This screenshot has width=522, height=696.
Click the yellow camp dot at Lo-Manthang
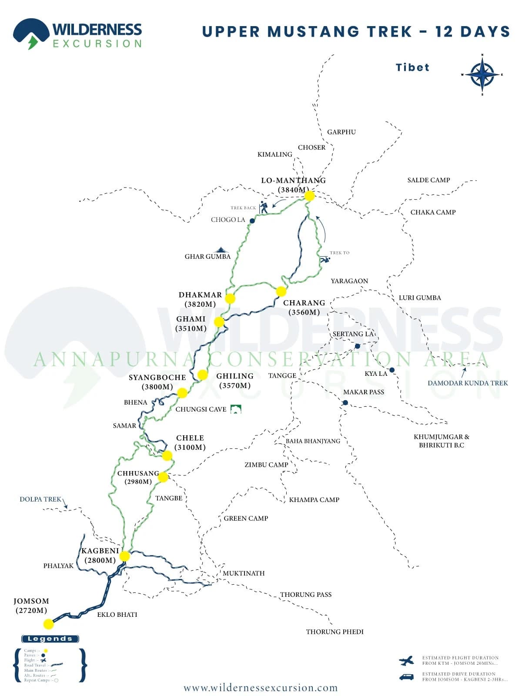[x=309, y=196]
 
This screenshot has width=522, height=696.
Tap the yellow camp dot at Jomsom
[x=49, y=624]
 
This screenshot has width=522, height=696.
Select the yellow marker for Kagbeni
[x=124, y=556]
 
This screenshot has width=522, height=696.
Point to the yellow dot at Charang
[x=281, y=291]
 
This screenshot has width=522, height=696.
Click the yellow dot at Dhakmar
[x=230, y=298]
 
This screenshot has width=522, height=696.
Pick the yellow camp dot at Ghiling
[x=203, y=375]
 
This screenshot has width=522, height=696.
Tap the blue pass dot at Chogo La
[x=252, y=221]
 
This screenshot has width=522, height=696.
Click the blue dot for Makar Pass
[x=345, y=403]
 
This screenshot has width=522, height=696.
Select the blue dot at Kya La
[x=392, y=370]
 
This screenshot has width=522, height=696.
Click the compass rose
[x=482, y=75]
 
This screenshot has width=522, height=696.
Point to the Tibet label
[x=412, y=67]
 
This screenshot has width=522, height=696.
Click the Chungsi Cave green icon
[x=236, y=409]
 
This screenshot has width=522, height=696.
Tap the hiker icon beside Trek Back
[x=264, y=207]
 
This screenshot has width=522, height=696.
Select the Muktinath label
[x=244, y=573]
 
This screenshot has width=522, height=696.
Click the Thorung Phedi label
[x=335, y=632]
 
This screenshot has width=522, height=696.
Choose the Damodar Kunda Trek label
[x=468, y=383]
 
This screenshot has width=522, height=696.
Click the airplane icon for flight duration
[x=407, y=661]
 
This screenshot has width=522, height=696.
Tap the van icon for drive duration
[x=407, y=677]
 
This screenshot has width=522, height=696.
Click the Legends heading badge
[x=50, y=639]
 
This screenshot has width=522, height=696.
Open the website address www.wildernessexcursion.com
[x=261, y=688]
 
